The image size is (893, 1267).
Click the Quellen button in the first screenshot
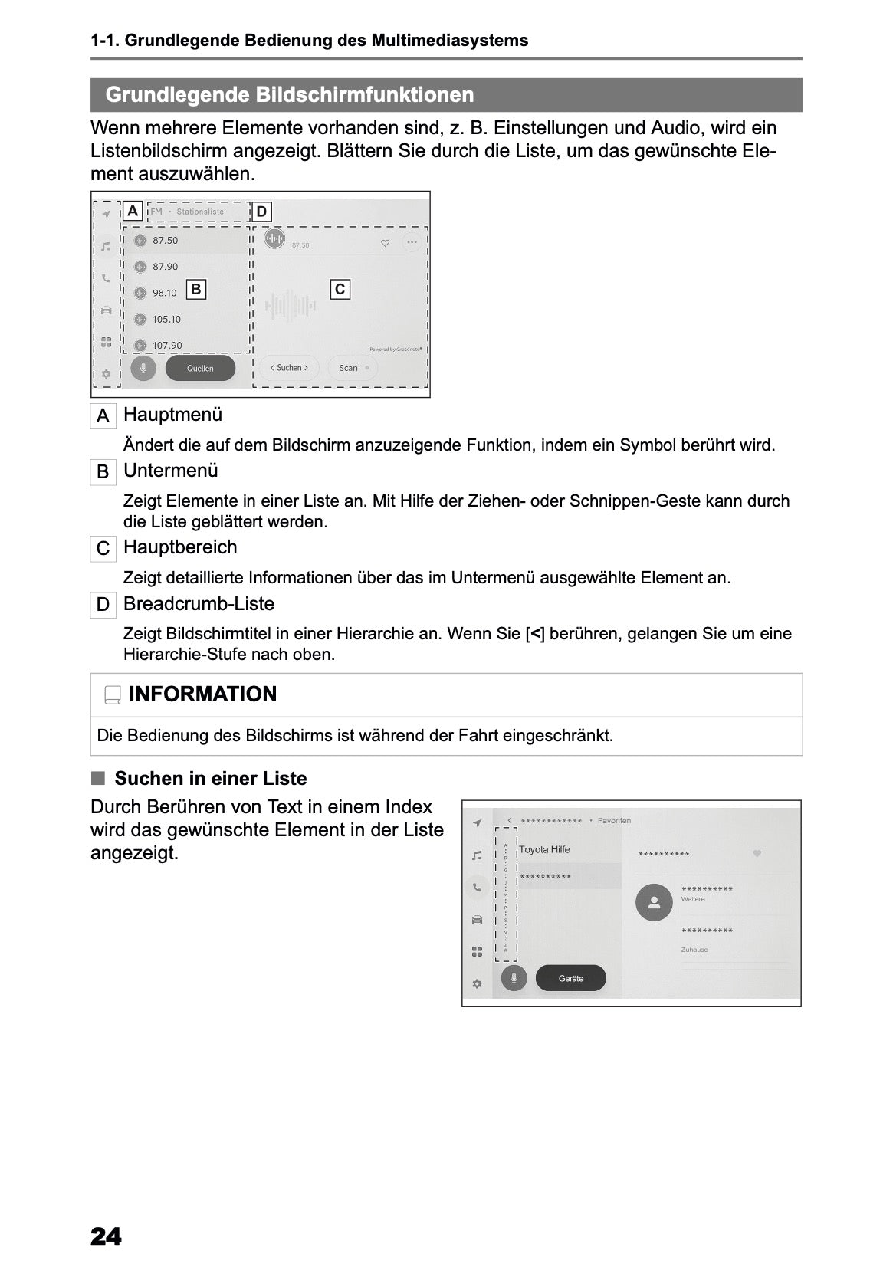pyautogui.click(x=200, y=368)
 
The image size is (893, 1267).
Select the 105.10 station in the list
pyautogui.click(x=166, y=320)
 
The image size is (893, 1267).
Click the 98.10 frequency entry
pyautogui.click(x=164, y=293)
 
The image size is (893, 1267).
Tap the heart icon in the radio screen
pyautogui.click(x=385, y=243)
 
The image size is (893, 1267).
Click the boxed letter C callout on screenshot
pyautogui.click(x=340, y=289)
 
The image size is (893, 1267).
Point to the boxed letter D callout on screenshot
pyautogui.click(x=261, y=212)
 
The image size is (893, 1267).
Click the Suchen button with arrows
pyautogui.click(x=289, y=368)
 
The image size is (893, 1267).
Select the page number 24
pyautogui.click(x=106, y=1236)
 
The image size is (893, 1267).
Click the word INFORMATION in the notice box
pyautogui.click(x=202, y=694)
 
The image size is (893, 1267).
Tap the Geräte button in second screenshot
pyautogui.click(x=570, y=978)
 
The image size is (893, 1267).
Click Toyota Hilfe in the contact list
pyautogui.click(x=544, y=849)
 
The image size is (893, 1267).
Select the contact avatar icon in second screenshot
pyautogui.click(x=654, y=902)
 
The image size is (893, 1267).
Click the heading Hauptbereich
pyautogui.click(x=180, y=547)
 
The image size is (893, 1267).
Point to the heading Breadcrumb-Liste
pyautogui.click(x=199, y=604)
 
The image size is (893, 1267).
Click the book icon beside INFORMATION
pyautogui.click(x=113, y=695)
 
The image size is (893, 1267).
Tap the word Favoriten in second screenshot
pyautogui.click(x=614, y=821)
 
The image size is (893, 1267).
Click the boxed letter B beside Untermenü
pyautogui.click(x=103, y=472)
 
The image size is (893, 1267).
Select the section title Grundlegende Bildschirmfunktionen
pyautogui.click(x=290, y=95)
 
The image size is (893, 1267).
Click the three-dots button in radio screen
pyautogui.click(x=412, y=242)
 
